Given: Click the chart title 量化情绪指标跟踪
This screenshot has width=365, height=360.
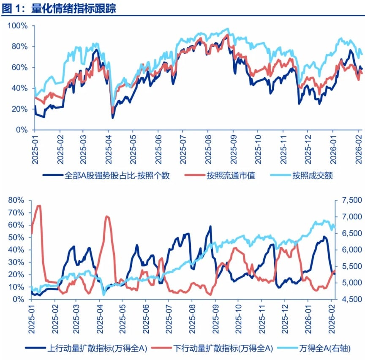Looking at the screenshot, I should point(74,9).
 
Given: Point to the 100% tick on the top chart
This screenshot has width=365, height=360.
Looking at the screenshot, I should point(18,26).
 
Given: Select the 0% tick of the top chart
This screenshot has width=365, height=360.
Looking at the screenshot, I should point(21,130).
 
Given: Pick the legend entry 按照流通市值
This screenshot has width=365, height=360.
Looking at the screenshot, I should point(231,176).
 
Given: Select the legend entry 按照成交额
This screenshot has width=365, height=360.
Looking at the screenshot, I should point(313,176).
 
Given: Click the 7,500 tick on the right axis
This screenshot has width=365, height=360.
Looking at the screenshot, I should point(349,200).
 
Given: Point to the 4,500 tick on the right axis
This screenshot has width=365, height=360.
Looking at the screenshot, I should point(349,300).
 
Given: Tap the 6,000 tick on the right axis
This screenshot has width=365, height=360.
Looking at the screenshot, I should point(349,250).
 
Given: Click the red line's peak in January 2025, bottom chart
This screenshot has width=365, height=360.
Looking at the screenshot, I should point(39,206).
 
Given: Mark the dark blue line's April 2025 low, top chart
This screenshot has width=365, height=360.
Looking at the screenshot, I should point(113,117).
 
